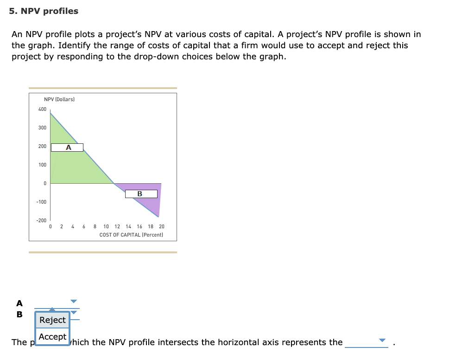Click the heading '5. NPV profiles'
click(44, 11)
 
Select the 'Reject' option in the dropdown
click(52, 320)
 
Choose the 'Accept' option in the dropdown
click(52, 337)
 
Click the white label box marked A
click(67, 148)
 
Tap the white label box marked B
click(140, 194)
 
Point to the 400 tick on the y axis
click(42, 109)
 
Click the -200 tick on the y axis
click(42, 220)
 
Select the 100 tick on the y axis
click(42, 165)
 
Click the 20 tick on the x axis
click(161, 227)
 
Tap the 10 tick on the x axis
click(106, 227)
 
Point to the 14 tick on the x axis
click(128, 227)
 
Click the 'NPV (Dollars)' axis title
click(59, 99)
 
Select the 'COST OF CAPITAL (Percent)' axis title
click(131, 235)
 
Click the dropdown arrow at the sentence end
click(382, 341)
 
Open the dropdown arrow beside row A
click(73, 301)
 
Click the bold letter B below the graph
click(19, 314)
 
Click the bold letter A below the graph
click(19, 303)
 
